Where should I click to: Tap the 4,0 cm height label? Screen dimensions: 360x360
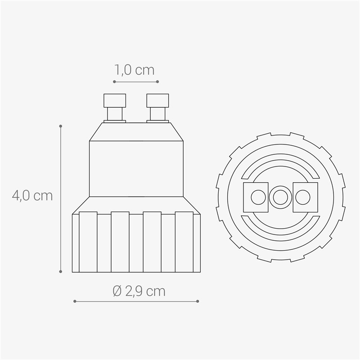(x=32, y=196)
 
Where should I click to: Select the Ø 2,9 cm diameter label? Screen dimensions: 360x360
(x=139, y=291)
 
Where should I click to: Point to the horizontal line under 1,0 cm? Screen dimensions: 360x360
(x=136, y=82)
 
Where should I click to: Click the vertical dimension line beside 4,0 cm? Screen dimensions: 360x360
(x=61, y=198)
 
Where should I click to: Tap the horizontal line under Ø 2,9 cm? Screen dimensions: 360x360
(x=136, y=301)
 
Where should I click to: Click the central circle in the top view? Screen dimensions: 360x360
(x=280, y=197)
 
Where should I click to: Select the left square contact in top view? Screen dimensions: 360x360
(x=256, y=197)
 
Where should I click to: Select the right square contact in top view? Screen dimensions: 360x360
(x=305, y=197)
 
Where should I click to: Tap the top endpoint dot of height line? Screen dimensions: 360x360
(x=61, y=126)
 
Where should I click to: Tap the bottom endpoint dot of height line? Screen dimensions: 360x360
(x=61, y=271)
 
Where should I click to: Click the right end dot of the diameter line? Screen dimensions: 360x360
(x=198, y=301)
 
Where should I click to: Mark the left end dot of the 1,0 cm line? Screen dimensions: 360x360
(x=114, y=82)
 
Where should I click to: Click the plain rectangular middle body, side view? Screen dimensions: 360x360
(x=136, y=169)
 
